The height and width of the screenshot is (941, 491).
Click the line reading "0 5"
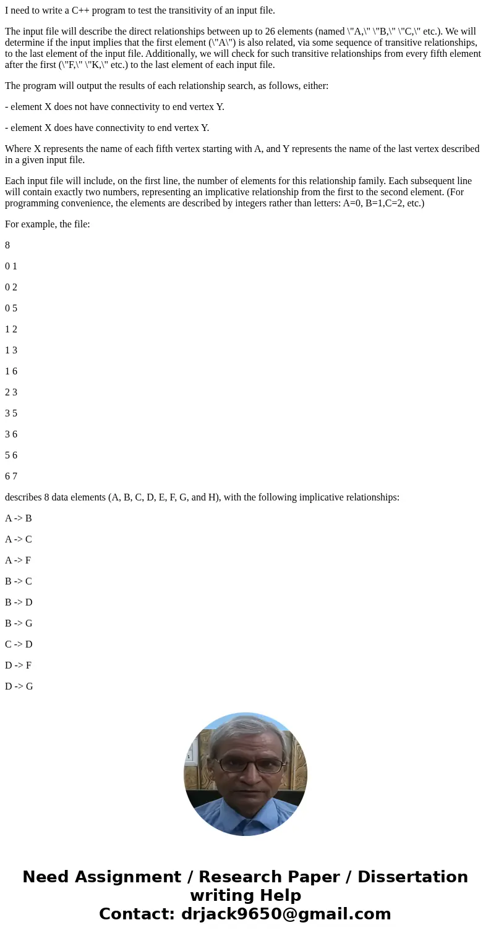coord(11,308)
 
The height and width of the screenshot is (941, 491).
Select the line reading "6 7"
coord(11,476)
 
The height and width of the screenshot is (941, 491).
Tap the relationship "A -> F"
coord(18,560)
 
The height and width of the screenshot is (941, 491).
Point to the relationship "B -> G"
coord(19,623)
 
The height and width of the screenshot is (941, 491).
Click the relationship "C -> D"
coord(19,644)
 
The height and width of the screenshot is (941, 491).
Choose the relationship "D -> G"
coord(19,686)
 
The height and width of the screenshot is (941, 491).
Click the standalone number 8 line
coord(7,245)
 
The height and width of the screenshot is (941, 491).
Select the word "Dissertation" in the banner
coord(412,877)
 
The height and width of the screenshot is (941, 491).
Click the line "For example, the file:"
coord(48,224)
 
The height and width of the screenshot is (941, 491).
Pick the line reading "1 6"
coord(11,371)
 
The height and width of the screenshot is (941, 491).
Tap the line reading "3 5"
coord(11,413)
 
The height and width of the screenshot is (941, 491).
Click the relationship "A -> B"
coord(18,518)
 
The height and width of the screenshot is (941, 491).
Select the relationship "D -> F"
coord(19,665)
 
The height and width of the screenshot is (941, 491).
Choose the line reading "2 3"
coord(11,392)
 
